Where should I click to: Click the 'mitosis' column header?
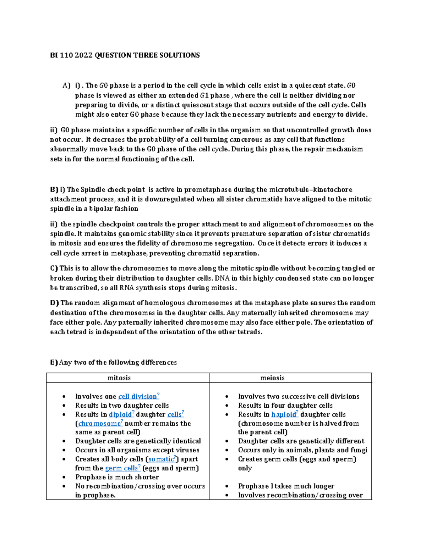coord(119,378)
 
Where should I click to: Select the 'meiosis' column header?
coord(272,378)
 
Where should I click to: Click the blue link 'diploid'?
coord(120,414)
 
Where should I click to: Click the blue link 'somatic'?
coord(161,459)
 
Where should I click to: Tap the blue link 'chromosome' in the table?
coord(99,424)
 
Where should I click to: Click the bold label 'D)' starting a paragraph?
coord(54,303)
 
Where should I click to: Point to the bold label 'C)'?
coord(54,269)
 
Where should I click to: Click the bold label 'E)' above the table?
coord(54,363)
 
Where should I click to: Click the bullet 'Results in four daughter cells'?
coord(285,406)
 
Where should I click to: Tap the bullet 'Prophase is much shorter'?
coord(117,477)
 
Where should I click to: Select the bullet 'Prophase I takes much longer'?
coord(286,486)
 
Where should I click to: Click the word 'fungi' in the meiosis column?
coord(359,450)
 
